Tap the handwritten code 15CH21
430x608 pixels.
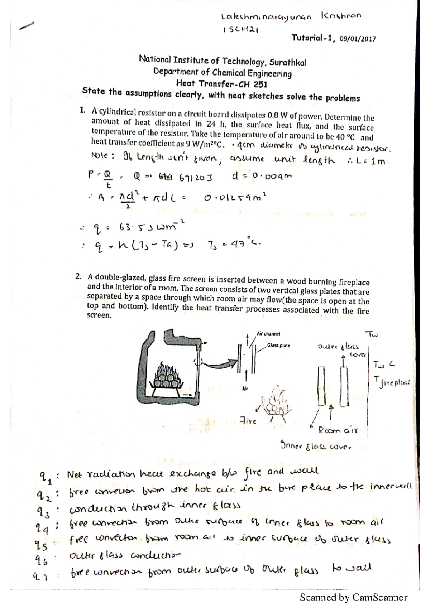pyautogui.click(x=240, y=30)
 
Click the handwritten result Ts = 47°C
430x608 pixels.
pyautogui.click(x=233, y=244)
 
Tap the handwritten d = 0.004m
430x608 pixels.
pyautogui.click(x=262, y=176)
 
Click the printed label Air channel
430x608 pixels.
pyautogui.click(x=268, y=333)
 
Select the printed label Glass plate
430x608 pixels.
pyautogui.click(x=278, y=346)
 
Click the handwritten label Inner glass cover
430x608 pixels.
pyautogui.click(x=315, y=447)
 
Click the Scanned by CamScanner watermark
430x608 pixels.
pyautogui.click(x=353, y=597)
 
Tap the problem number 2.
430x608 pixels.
pyautogui.click(x=78, y=276)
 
